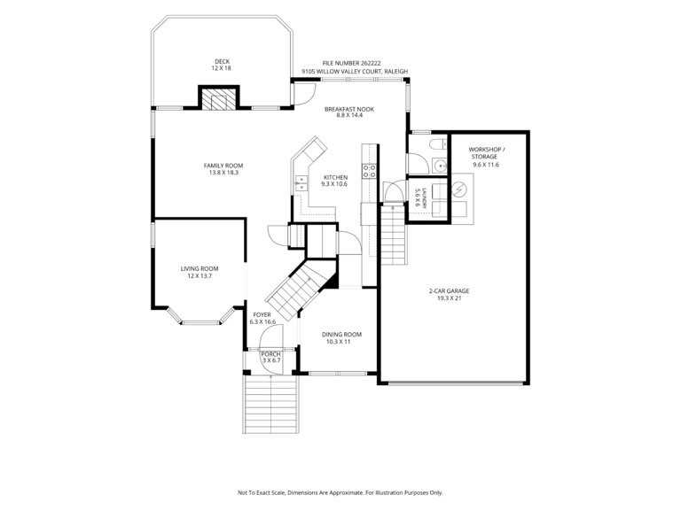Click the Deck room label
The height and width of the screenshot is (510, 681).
tap(222, 65)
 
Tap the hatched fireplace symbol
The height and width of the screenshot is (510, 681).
tap(219, 99)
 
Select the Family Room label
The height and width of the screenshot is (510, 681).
tap(223, 169)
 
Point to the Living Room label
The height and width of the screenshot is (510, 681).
tap(200, 272)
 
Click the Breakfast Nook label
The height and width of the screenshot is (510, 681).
tap(349, 112)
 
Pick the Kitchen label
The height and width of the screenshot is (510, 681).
tap(335, 181)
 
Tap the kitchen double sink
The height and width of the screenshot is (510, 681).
tap(301, 183)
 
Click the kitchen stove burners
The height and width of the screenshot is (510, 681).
tap(370, 171)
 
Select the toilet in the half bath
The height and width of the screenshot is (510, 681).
tap(438, 143)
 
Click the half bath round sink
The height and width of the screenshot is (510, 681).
tap(441, 166)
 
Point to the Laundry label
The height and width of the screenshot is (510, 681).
tap(420, 197)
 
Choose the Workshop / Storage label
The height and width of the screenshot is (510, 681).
tap(486, 157)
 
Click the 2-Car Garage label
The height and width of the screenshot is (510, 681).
tap(449, 295)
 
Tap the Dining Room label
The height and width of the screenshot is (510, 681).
tap(341, 338)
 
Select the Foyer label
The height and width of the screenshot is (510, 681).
tap(262, 319)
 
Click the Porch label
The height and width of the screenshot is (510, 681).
tap(271, 357)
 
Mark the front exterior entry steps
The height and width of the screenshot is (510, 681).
tap(270, 404)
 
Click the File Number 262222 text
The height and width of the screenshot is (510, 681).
tap(351, 64)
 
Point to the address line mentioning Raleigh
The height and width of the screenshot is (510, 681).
tap(355, 71)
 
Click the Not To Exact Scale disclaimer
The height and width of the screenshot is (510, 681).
tap(340, 492)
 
